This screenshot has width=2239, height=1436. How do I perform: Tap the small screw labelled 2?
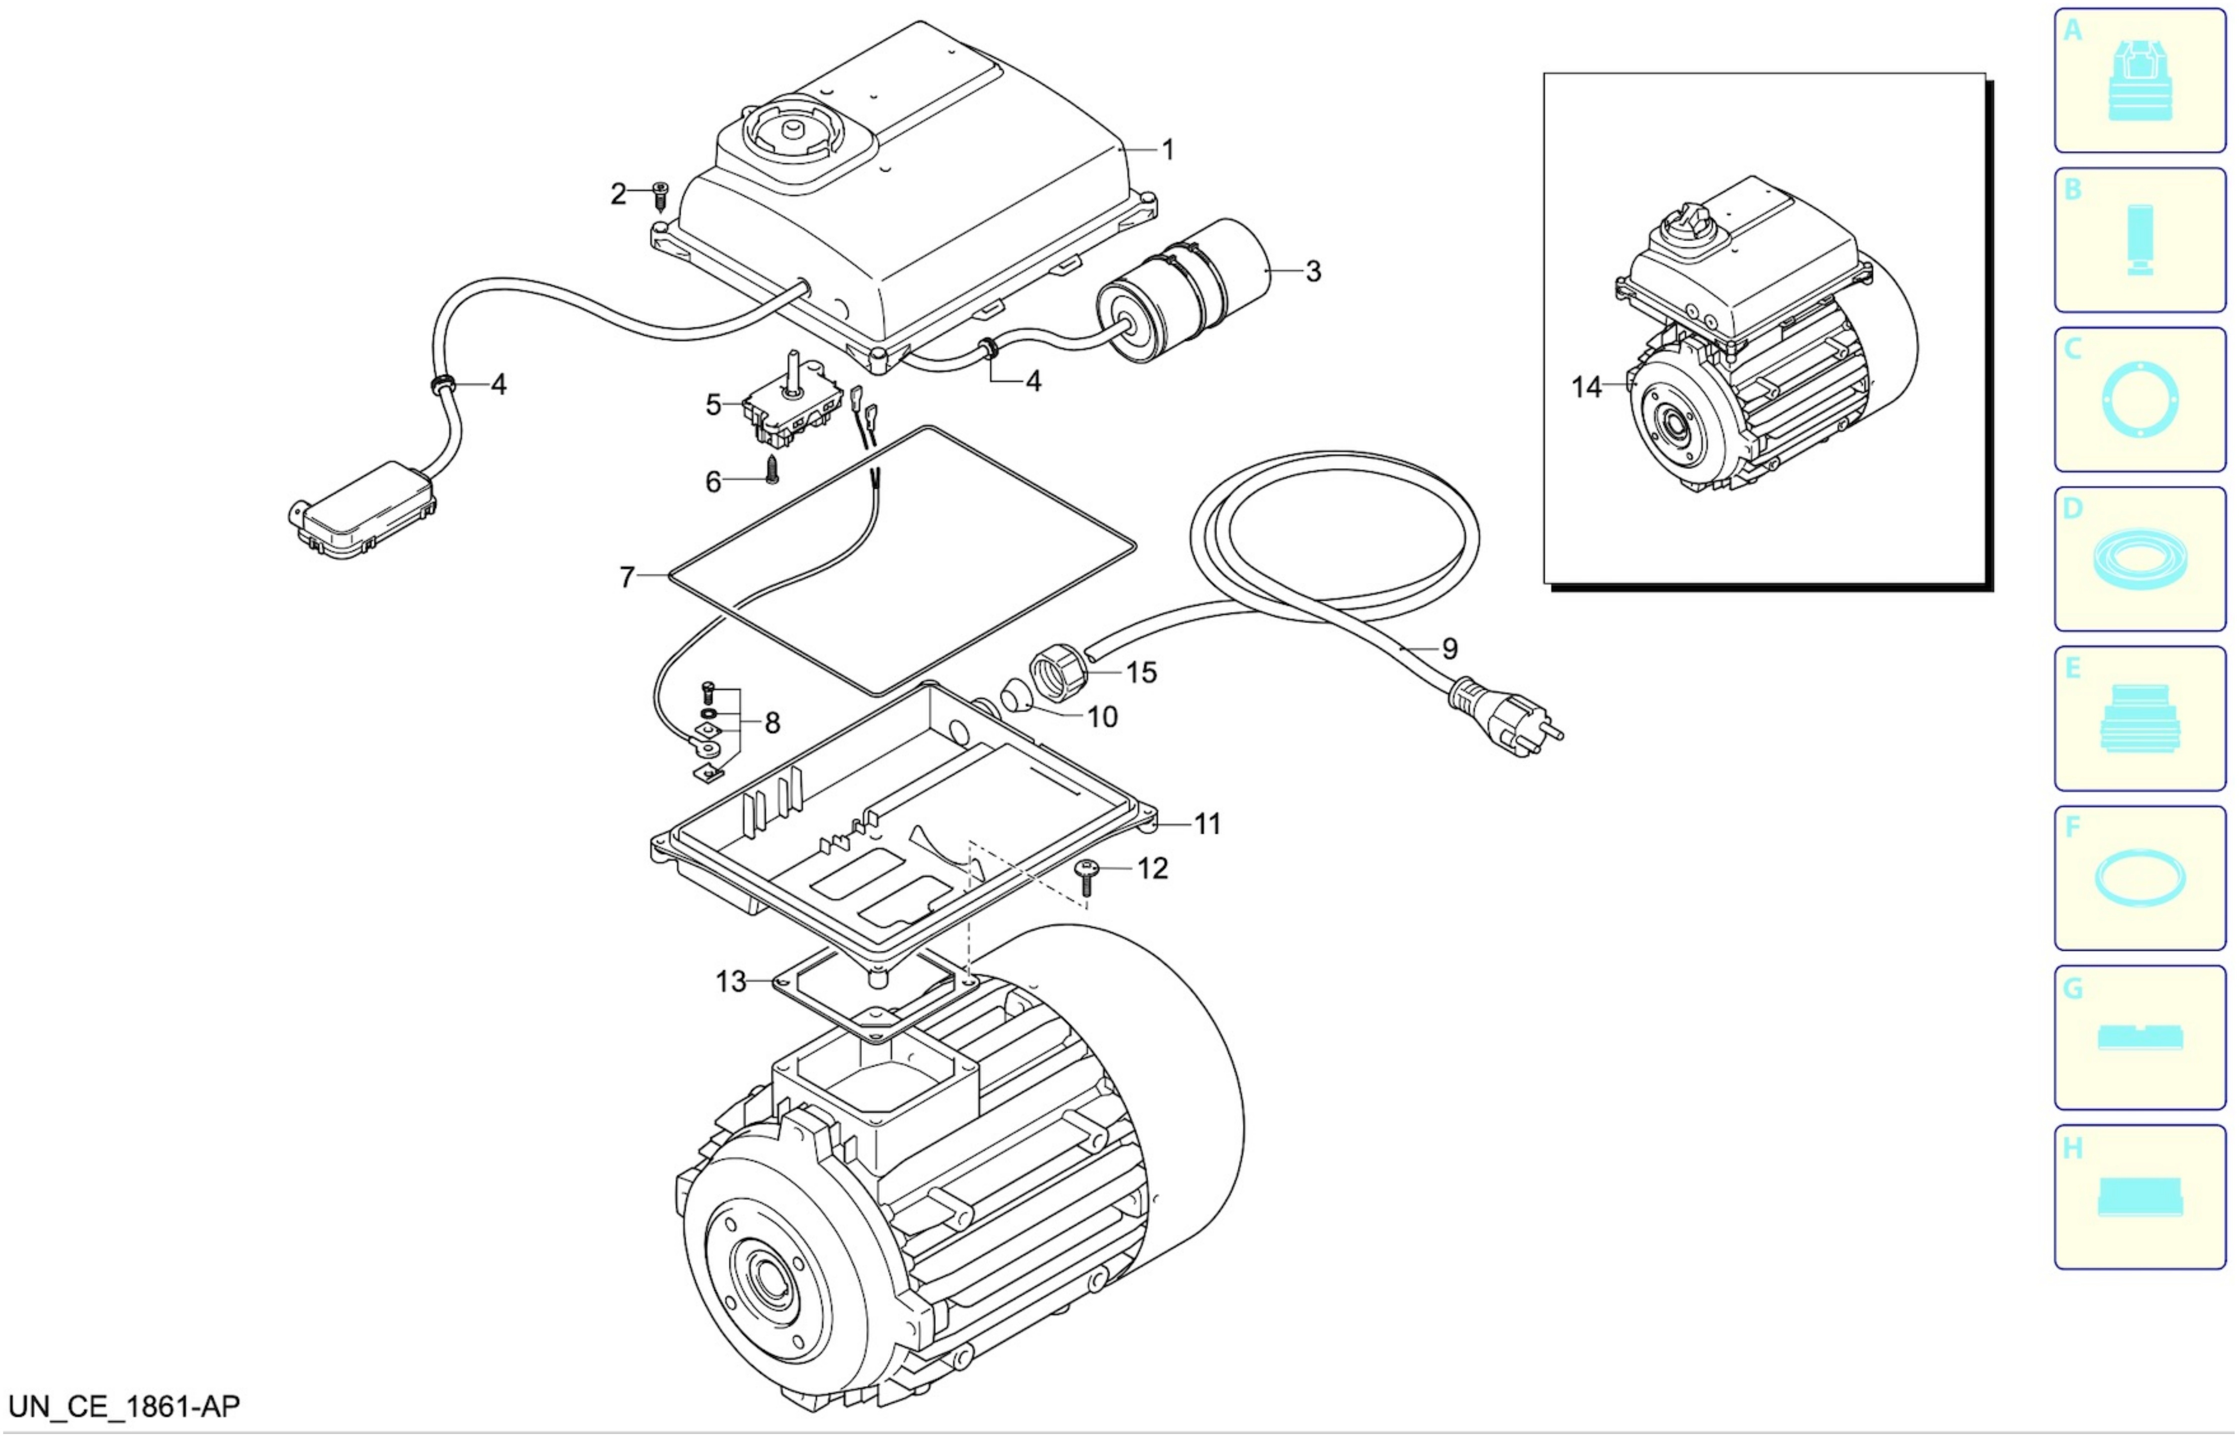pyautogui.click(x=661, y=196)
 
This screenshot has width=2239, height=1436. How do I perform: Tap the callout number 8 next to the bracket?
pyautogui.click(x=772, y=722)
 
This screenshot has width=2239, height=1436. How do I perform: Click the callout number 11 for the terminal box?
pyautogui.click(x=1207, y=824)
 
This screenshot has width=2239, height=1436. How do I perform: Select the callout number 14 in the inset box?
pyautogui.click(x=1586, y=387)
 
